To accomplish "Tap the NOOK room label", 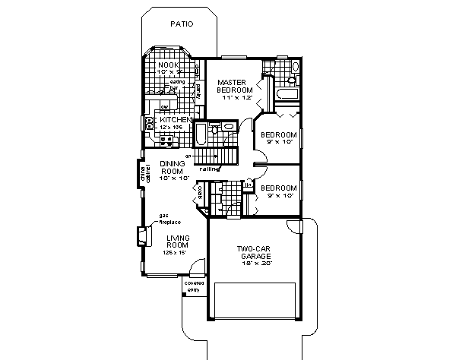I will click(x=167, y=65).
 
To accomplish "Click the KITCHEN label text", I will click(x=173, y=119).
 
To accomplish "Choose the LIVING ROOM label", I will click(x=178, y=242).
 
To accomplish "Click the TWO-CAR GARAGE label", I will click(x=254, y=253).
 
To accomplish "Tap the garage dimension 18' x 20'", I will click(x=254, y=266).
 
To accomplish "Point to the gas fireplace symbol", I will click(x=142, y=236).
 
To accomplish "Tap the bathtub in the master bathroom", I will click(x=286, y=95).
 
